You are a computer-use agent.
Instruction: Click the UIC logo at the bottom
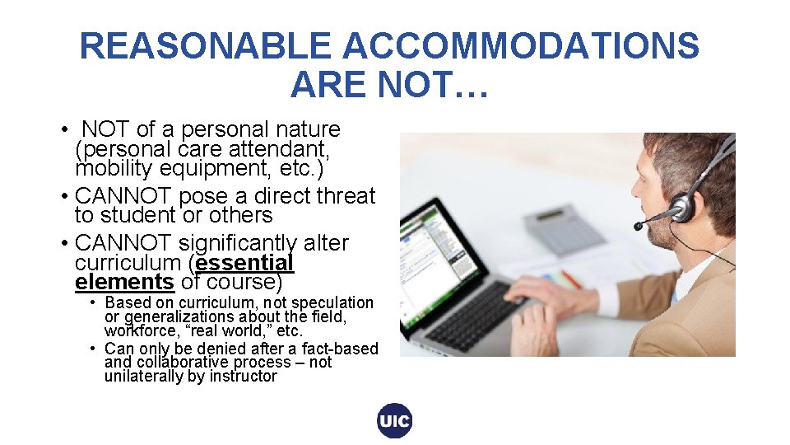pyautogui.click(x=395, y=421)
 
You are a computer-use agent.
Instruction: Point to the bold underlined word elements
pyautogui.click(x=124, y=282)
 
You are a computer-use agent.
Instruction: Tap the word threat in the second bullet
pyautogui.click(x=345, y=196)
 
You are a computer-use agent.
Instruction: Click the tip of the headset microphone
pyautogui.click(x=638, y=226)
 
